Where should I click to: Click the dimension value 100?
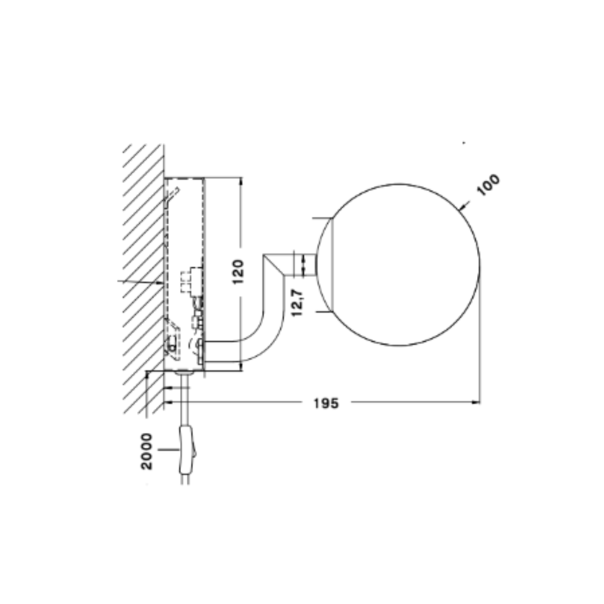click(x=488, y=185)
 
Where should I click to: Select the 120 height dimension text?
click(x=239, y=271)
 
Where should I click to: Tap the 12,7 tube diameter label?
click(x=297, y=303)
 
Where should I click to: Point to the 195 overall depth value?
click(x=326, y=403)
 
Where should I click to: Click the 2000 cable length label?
click(x=147, y=451)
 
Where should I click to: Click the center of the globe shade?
click(x=398, y=265)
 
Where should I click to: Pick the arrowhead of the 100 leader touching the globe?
click(x=460, y=209)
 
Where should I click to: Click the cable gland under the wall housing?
click(x=183, y=372)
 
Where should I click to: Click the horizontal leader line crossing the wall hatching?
click(x=140, y=281)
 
